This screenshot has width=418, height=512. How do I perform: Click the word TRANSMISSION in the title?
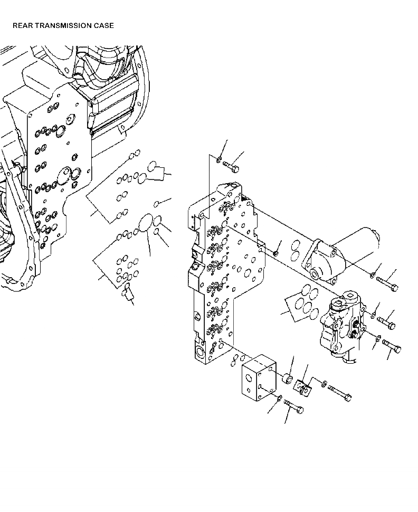point(64,25)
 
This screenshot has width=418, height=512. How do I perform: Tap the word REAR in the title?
point(22,25)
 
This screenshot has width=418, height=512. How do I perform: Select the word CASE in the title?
point(103,25)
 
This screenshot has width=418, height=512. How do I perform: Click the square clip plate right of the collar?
point(304,388)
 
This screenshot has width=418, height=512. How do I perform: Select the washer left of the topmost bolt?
point(219,158)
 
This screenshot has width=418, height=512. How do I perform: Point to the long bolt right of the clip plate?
point(340,393)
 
